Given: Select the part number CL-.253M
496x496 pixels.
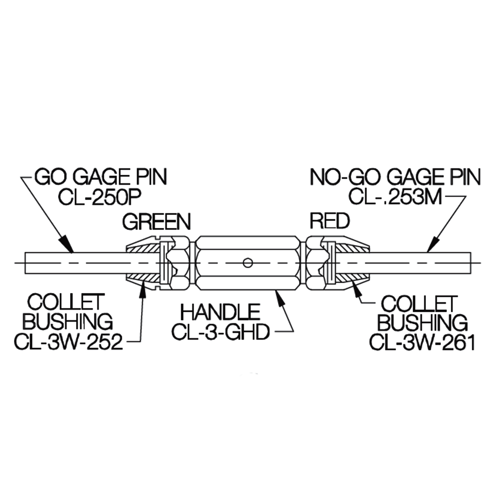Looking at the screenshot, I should (395, 197).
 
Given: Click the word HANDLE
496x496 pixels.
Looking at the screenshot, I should (220, 313).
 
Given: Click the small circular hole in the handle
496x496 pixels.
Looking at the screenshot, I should (246, 262).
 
